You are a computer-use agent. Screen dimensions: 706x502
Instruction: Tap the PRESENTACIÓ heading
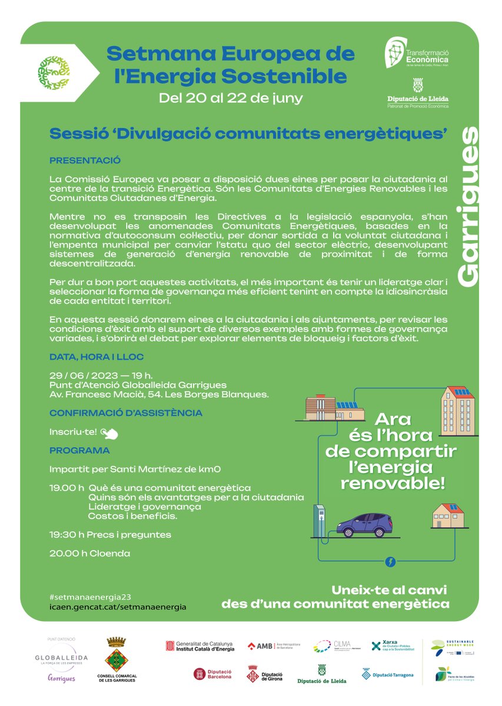tap(85, 160)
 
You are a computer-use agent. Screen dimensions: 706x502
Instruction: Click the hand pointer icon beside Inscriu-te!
tap(110, 433)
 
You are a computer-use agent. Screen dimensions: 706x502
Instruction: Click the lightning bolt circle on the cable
tap(390, 562)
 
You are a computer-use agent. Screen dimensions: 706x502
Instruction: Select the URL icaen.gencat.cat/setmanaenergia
tap(118, 606)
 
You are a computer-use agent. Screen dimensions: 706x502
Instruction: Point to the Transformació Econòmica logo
tap(417, 54)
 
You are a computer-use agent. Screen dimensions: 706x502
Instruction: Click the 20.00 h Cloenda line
tap(89, 554)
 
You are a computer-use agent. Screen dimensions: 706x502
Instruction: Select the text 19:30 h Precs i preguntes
tap(110, 535)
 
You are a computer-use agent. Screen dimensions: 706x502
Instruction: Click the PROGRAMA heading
tap(79, 451)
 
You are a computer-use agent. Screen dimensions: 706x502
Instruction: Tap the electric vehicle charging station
tap(319, 521)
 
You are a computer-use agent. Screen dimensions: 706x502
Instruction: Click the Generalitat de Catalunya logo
tap(200, 646)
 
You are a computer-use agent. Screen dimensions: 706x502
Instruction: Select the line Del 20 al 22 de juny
tap(231, 98)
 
